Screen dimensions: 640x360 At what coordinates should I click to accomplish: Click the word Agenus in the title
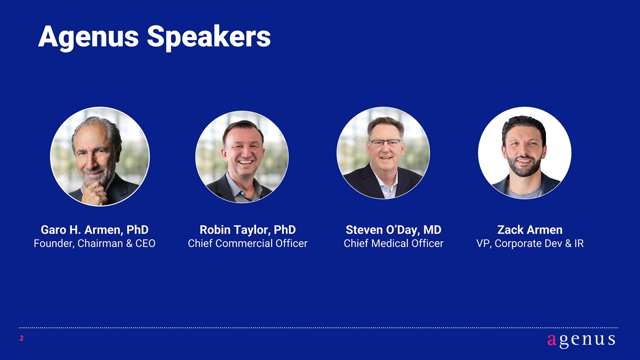coord(89,38)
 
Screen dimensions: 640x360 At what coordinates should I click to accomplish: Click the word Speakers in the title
coord(209,38)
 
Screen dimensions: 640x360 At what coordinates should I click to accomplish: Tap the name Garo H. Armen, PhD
coord(94,230)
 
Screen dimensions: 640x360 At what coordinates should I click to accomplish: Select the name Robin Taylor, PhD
coord(247,230)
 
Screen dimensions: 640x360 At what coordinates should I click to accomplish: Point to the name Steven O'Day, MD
coord(394,230)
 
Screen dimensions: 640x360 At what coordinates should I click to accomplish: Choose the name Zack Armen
coord(530,230)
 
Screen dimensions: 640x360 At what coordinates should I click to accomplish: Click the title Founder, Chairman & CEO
coord(94,243)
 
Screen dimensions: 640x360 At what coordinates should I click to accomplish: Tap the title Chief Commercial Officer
coord(247,243)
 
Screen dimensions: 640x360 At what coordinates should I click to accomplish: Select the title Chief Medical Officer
coord(394,243)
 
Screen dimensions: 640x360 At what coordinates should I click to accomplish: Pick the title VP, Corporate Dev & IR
coord(530,243)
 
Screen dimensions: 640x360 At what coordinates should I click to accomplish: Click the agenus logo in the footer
coord(581,341)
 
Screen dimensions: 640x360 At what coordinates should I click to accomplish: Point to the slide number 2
coord(21,339)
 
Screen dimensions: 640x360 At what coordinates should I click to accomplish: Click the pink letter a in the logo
coord(551,340)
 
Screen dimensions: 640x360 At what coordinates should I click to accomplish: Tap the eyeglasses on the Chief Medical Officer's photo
coord(386,142)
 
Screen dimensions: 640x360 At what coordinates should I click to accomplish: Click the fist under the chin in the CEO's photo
coord(94,194)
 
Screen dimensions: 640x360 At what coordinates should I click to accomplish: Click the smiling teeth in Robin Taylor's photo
coord(245,162)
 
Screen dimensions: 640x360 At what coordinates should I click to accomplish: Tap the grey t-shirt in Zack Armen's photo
coord(524,192)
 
